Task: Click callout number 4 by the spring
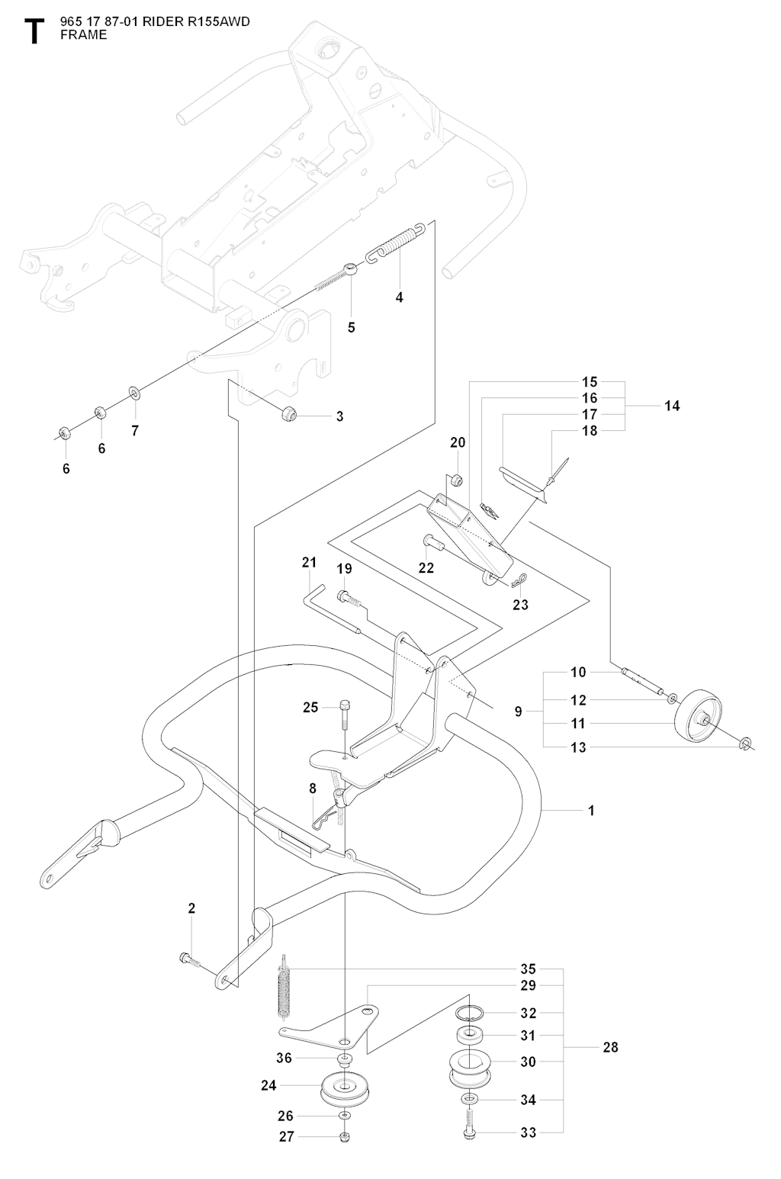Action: tap(400, 297)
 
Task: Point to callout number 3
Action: tap(340, 416)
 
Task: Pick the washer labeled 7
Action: tap(134, 394)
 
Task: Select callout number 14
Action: tap(671, 406)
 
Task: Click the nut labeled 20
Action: tap(455, 480)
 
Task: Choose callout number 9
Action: tap(519, 712)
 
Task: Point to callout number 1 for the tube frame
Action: tap(591, 811)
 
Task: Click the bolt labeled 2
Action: tap(188, 959)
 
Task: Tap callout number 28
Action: tap(610, 1047)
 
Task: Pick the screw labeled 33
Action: tap(469, 1129)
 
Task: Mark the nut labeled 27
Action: tap(344, 1137)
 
